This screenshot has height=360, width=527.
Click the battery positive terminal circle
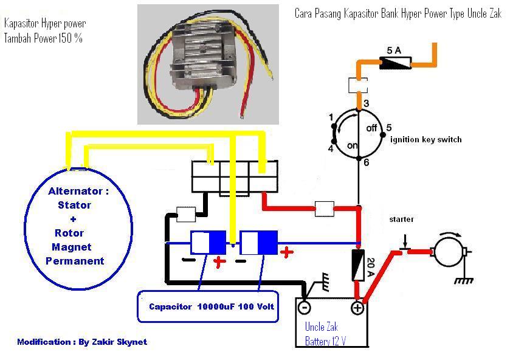tap(357, 308)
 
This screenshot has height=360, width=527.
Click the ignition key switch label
tap(425, 139)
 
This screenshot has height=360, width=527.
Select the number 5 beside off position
tap(389, 127)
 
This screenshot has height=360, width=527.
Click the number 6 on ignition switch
tap(366, 162)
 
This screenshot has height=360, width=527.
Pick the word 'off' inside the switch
tap(372, 128)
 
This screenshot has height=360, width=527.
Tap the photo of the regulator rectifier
tap(207, 64)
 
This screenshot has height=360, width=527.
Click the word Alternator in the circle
tap(78, 191)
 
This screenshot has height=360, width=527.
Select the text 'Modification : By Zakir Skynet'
tap(82, 342)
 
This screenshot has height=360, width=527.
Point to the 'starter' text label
tap(402, 220)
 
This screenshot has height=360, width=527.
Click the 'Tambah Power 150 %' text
tap(43, 38)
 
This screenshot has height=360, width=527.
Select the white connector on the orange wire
tap(357, 85)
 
